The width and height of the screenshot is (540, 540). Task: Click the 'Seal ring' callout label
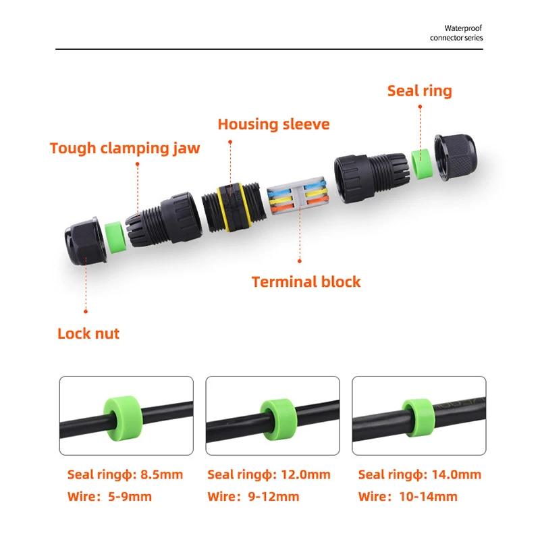coord(419,90)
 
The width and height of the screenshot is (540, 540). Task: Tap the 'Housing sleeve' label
coord(273,124)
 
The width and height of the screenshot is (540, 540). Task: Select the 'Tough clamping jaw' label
coord(125,148)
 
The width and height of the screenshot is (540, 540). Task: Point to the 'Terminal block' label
coord(306,281)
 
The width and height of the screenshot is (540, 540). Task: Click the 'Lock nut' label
coord(88,333)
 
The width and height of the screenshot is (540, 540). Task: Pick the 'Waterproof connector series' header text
coord(456,33)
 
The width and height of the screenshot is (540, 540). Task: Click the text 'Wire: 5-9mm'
coord(109,497)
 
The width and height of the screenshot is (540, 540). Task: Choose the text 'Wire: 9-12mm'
coord(253,497)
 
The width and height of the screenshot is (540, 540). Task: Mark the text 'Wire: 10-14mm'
coord(408,497)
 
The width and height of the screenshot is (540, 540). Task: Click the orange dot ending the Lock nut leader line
coord(86,311)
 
